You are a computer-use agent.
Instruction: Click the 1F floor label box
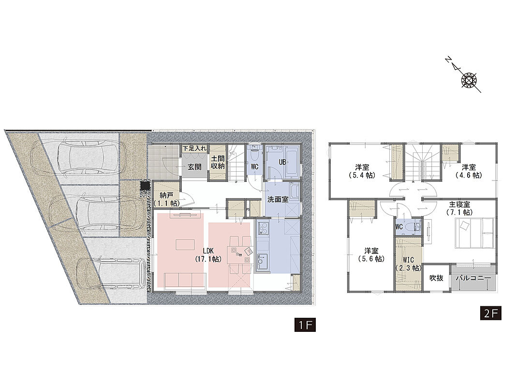(x=305, y=325)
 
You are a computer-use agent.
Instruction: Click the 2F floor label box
(x=491, y=313)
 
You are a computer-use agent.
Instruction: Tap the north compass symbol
(x=468, y=79)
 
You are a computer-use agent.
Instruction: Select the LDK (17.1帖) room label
(x=208, y=255)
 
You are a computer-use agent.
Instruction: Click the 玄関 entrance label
(x=194, y=167)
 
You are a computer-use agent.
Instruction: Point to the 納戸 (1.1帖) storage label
(x=166, y=200)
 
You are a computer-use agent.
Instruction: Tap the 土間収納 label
(x=218, y=163)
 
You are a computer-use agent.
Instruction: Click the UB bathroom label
(x=282, y=162)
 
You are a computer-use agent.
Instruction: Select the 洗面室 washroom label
(x=278, y=199)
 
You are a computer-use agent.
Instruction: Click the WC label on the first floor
(x=255, y=167)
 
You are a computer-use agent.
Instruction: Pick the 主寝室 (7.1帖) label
(x=459, y=208)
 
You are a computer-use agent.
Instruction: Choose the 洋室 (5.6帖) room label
(x=371, y=255)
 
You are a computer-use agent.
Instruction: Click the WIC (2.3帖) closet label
(x=408, y=264)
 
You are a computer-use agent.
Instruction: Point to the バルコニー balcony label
(x=473, y=278)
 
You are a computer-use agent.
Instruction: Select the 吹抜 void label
(x=436, y=278)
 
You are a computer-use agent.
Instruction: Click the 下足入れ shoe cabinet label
(x=194, y=149)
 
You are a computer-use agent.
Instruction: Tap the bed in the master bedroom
(x=475, y=233)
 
